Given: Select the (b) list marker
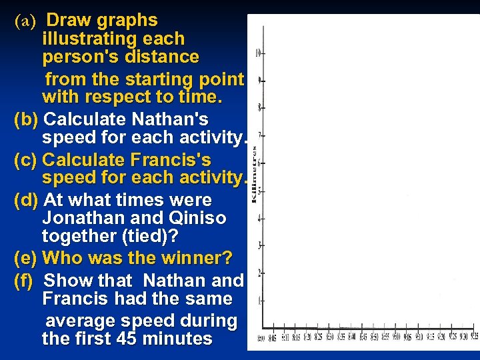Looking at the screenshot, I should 26,120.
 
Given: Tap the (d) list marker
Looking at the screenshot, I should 27,201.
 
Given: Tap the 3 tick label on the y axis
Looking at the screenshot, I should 259,245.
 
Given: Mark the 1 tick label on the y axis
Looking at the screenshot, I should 259,301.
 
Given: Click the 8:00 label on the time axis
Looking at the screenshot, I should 262,339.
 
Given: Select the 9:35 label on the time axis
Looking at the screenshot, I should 474,337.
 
